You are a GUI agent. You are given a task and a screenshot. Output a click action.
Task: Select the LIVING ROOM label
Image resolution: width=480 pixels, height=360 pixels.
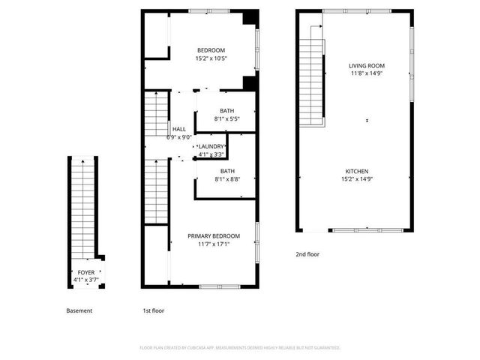click(367, 66)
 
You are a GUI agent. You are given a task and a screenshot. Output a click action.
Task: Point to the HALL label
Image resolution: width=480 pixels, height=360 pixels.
click(178, 129)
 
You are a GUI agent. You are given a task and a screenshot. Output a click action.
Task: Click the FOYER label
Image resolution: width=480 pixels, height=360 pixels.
click(86, 272)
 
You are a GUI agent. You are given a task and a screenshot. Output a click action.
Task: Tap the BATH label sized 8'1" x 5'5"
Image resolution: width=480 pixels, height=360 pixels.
click(226, 110)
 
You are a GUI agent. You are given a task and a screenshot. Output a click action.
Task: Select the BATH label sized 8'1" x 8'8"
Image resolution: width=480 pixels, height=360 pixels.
click(226, 170)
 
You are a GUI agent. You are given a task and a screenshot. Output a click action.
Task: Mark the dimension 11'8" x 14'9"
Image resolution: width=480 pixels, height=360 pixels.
click(367, 74)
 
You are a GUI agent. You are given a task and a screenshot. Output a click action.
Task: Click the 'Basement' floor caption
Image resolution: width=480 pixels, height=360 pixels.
click(79, 310)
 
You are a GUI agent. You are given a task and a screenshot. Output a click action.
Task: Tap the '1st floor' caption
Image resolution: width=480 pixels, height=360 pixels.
click(153, 310)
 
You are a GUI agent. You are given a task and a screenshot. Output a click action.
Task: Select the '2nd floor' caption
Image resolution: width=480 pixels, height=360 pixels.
click(307, 254)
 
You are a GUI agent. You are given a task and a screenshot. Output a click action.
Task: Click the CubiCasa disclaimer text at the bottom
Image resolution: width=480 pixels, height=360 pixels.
click(240, 348)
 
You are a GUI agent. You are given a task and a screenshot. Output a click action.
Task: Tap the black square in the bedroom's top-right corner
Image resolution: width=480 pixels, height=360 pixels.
click(251, 17)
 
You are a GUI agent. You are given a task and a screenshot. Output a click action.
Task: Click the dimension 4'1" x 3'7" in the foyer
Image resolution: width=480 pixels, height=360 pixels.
click(86, 280)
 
